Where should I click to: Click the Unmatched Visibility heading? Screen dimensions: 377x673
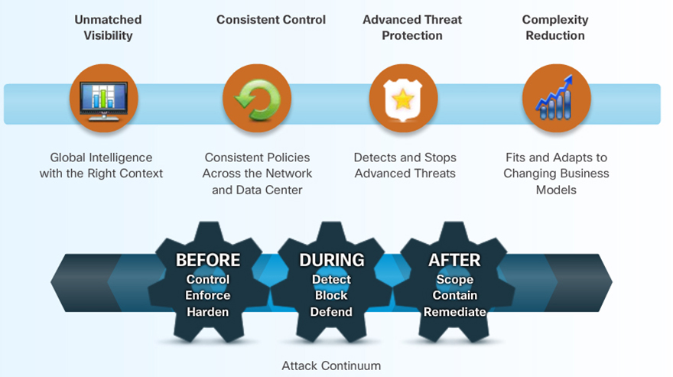[x=108, y=28]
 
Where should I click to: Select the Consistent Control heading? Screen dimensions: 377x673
[x=271, y=20]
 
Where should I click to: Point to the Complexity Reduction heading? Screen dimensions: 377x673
[x=555, y=28]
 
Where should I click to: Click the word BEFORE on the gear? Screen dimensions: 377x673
[x=208, y=260]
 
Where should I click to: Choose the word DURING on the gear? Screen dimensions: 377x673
[x=331, y=260]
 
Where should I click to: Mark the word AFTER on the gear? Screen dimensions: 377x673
[x=454, y=260]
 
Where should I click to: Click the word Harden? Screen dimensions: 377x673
[x=208, y=312]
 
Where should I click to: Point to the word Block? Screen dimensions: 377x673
[x=331, y=296]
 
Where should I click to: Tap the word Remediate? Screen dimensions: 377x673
[x=454, y=312]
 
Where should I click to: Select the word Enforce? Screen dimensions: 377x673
[x=208, y=296]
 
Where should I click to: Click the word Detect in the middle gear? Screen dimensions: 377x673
[x=331, y=279]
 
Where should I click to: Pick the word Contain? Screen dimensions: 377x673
[x=454, y=296]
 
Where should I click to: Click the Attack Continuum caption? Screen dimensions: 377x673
[x=331, y=366]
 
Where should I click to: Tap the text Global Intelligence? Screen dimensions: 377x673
[x=102, y=158]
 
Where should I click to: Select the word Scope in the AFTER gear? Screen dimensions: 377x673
[x=454, y=279]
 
